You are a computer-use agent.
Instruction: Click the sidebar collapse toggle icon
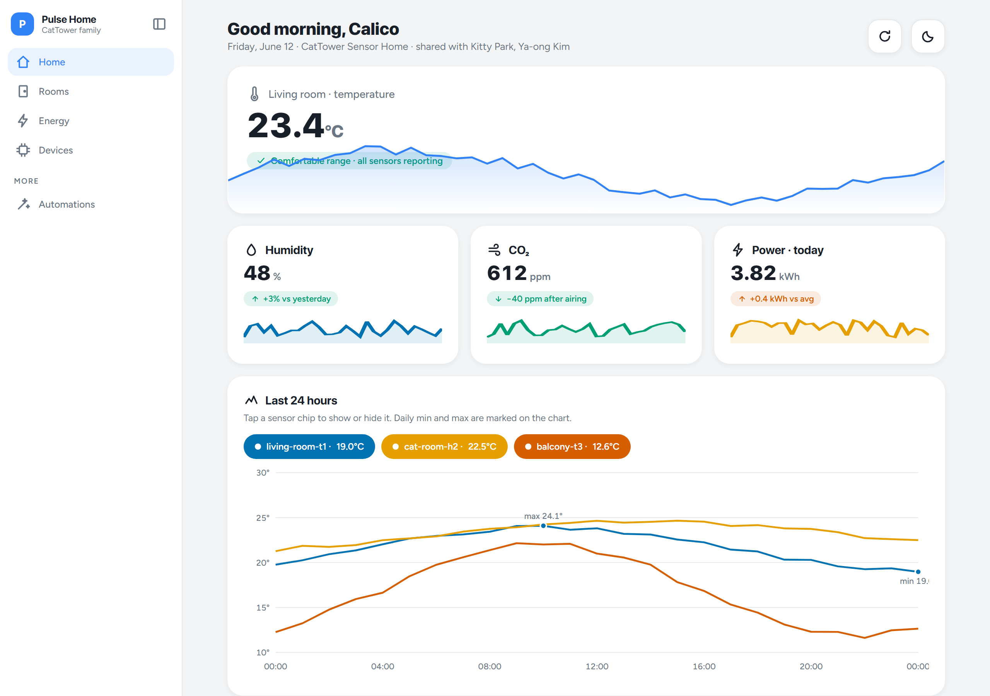click(x=159, y=24)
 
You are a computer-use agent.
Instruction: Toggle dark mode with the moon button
click(x=927, y=37)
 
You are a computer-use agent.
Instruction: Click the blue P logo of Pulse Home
click(x=22, y=24)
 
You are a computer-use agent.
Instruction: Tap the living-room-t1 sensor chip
click(x=309, y=446)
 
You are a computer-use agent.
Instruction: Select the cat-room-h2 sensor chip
click(x=444, y=446)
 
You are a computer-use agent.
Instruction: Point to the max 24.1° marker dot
click(x=543, y=525)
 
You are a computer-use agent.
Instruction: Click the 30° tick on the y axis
click(x=263, y=473)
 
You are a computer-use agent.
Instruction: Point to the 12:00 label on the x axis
click(x=597, y=666)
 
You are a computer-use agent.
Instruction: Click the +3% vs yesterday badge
click(x=290, y=299)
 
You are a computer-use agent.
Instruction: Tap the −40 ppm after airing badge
click(x=540, y=299)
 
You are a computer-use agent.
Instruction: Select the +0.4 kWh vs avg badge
click(x=775, y=299)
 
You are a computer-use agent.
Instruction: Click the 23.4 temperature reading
click(x=285, y=126)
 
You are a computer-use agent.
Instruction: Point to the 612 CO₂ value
click(x=507, y=273)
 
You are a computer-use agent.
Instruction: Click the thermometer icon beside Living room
click(x=254, y=94)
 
